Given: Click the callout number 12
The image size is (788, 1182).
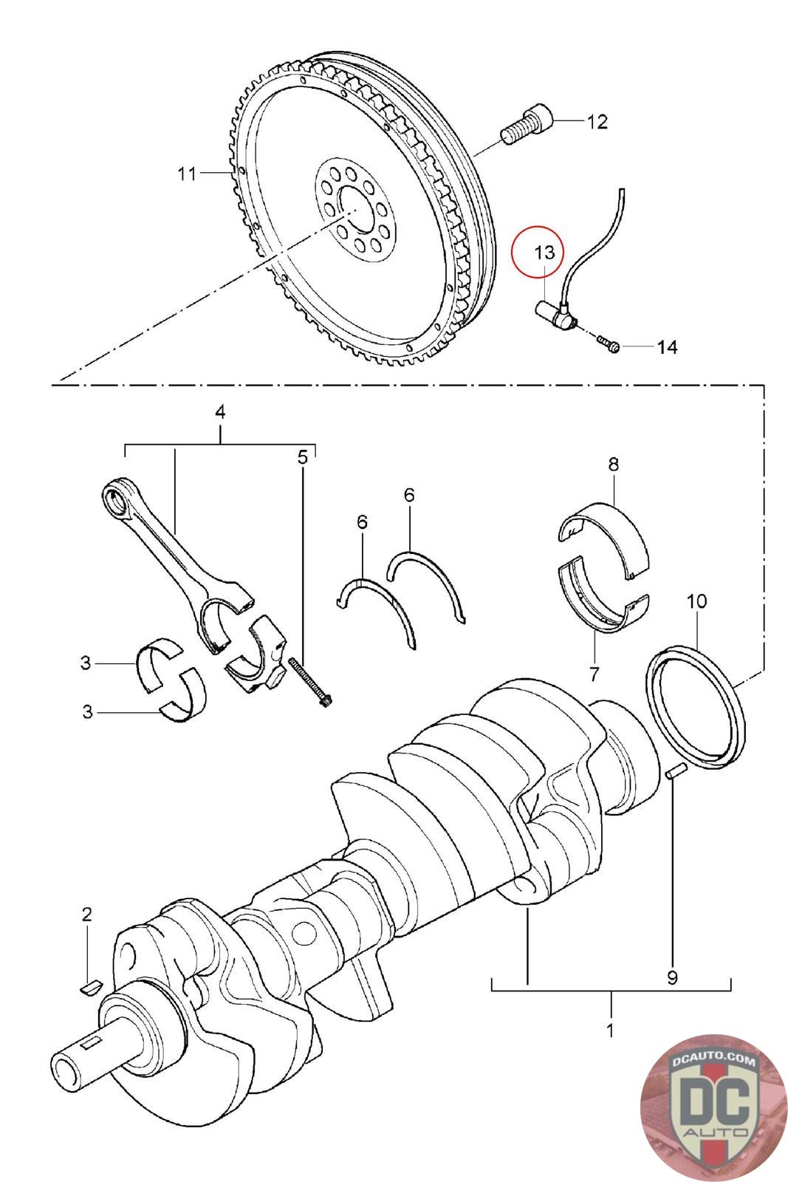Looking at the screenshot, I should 597,122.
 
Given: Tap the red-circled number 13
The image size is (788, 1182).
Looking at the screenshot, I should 544,252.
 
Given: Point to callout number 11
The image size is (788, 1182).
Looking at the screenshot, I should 187,174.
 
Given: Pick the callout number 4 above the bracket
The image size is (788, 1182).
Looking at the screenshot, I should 219,412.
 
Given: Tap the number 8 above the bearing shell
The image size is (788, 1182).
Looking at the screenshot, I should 613,465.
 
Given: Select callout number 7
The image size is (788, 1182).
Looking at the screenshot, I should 595,673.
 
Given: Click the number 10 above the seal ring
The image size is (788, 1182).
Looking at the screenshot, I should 696,601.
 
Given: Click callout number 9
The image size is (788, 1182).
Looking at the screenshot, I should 672,978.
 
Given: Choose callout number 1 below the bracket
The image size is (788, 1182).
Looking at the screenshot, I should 610,1030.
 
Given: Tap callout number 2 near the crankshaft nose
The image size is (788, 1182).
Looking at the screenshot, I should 86,914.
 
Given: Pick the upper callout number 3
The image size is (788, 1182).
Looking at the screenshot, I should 86,663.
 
